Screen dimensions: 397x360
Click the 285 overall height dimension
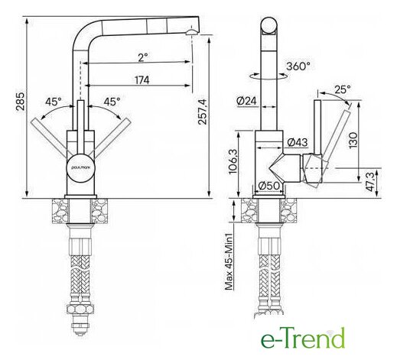point(20,101)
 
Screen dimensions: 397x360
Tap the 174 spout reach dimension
point(142,80)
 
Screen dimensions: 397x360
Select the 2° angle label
point(143,57)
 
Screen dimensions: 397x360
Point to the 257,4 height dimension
point(202,112)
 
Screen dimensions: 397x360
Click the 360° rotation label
point(298,66)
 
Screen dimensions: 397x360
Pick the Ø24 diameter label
point(246,101)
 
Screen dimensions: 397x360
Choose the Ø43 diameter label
point(298,142)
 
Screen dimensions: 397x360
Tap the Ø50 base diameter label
point(268,186)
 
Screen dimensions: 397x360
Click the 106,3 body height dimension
point(233,161)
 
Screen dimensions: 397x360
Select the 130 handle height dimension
point(353,140)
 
